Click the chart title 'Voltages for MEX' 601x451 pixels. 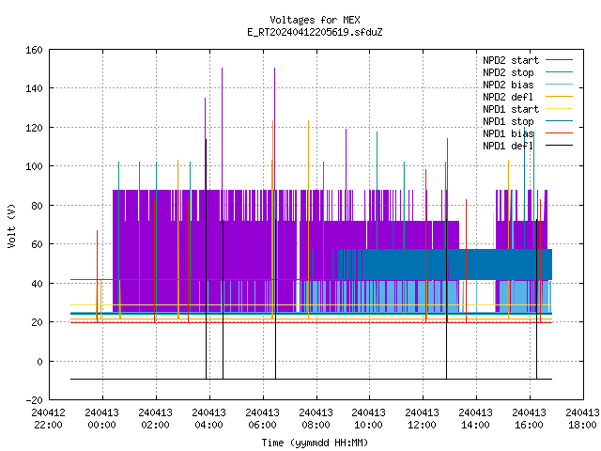[x=315, y=20]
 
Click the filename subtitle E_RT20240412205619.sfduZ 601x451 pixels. [x=315, y=32]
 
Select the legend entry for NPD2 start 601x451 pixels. [x=528, y=60]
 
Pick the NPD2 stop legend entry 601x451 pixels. [x=528, y=72]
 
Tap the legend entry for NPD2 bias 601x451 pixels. [x=528, y=85]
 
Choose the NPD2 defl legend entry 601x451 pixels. [x=528, y=97]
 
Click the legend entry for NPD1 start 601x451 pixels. [x=528, y=109]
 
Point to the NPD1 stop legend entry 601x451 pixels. [x=528, y=121]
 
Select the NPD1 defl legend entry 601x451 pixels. [x=528, y=146]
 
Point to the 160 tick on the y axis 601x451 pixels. [x=34, y=50]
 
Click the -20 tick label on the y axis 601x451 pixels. [x=34, y=400]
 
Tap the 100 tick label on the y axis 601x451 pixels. [x=34, y=166]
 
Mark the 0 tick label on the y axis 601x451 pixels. [x=39, y=361]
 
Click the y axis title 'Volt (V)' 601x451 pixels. [x=11, y=225]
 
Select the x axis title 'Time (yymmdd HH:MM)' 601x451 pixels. [x=315, y=443]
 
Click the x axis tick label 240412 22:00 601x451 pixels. [x=49, y=419]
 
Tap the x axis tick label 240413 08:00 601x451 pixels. [x=316, y=419]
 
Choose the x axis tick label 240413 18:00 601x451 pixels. [x=582, y=419]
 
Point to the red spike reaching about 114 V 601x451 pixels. [x=447, y=230]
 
